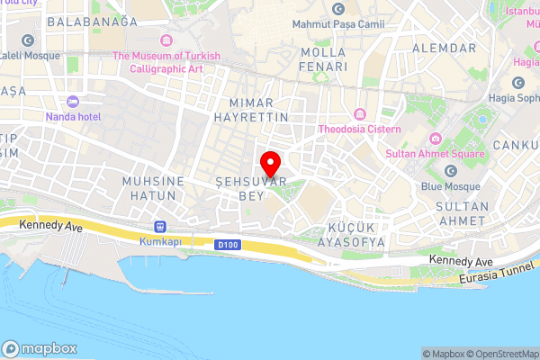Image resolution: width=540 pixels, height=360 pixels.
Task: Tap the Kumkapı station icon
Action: pyautogui.click(x=161, y=227)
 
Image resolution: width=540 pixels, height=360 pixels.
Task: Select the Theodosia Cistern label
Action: pyautogui.click(x=359, y=128)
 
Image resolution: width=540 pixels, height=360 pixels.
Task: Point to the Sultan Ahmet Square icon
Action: pyautogui.click(x=435, y=139)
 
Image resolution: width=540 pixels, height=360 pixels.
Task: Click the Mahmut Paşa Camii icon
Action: pyautogui.click(x=337, y=9)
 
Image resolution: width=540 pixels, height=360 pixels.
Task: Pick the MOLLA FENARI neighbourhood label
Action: pyautogui.click(x=323, y=59)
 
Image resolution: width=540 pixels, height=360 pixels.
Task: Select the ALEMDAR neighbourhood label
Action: pyautogui.click(x=443, y=47)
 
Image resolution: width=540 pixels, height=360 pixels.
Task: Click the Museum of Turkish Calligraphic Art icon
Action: pyautogui.click(x=166, y=40)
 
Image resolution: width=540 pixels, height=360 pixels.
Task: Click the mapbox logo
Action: pyautogui.click(x=40, y=349)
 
